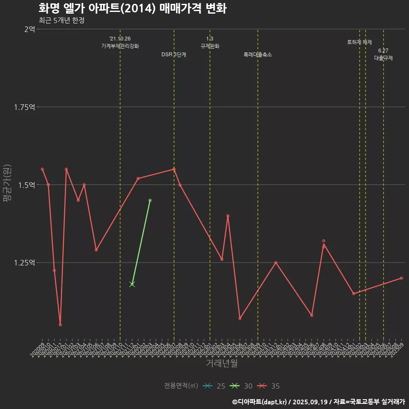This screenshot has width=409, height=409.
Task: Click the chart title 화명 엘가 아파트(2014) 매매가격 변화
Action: pyautogui.click(x=132, y=9)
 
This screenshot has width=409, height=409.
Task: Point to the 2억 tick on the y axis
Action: pyautogui.click(x=29, y=29)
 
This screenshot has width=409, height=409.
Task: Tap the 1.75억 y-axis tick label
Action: pyautogui.click(x=25, y=107)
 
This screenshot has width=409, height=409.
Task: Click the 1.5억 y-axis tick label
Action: pyautogui.click(x=27, y=184)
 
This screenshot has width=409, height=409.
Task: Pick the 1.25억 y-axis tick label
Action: pyautogui.click(x=25, y=262)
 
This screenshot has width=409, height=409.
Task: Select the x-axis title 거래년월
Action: pyautogui.click(x=222, y=363)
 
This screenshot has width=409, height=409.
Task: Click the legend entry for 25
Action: pyautogui.click(x=214, y=386)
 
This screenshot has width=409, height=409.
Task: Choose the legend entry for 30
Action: pyautogui.click(x=241, y=386)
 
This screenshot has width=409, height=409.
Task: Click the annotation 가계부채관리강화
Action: pyautogui.click(x=120, y=46)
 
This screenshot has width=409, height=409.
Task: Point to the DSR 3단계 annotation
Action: pyautogui.click(x=174, y=55)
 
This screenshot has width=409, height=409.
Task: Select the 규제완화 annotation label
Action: pyautogui.click(x=210, y=46)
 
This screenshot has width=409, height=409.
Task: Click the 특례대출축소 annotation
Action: pyautogui.click(x=258, y=55)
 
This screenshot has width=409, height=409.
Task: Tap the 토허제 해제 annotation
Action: pyautogui.click(x=360, y=43)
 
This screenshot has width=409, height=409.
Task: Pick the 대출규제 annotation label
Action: pyautogui.click(x=383, y=58)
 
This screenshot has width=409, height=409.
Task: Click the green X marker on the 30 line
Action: pyautogui.click(x=132, y=284)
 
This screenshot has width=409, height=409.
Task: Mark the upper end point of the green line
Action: pyautogui.click(x=150, y=200)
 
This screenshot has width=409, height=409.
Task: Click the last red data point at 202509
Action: pyautogui.click(x=401, y=278)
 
